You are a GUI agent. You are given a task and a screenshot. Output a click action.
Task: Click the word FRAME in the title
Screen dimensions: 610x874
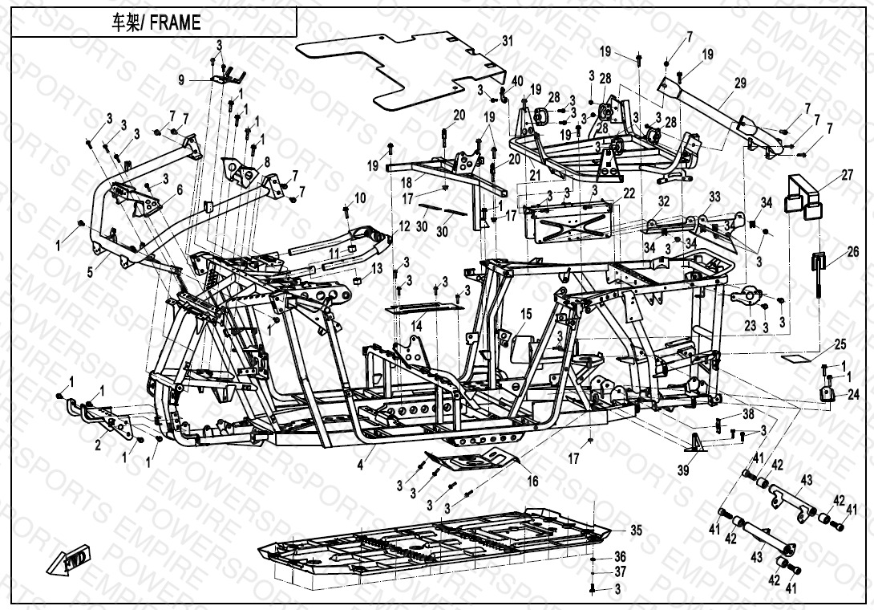174,23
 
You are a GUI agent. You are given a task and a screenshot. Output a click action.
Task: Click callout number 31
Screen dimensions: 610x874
507,40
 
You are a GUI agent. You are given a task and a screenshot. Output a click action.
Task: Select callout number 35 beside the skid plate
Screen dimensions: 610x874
636,530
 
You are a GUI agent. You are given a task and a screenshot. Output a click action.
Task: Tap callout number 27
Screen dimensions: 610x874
825,174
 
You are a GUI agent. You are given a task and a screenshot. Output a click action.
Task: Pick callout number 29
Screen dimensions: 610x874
739,83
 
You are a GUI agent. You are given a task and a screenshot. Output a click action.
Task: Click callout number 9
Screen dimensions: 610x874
181,79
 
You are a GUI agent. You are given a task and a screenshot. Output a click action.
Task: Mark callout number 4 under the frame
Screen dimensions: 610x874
360,464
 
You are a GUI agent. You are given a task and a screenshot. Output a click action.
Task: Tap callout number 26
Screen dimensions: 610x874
830,251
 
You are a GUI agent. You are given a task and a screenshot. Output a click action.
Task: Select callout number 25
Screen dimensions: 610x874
840,344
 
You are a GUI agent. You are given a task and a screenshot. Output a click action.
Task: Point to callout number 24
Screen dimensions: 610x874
852,394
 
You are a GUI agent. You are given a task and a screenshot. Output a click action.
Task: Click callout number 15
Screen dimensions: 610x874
526,313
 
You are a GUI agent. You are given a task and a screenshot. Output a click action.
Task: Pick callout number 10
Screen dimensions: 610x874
360,197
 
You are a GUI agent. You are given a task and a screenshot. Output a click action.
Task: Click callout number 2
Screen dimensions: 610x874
98,445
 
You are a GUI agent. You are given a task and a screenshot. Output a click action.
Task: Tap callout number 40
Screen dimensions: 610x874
517,80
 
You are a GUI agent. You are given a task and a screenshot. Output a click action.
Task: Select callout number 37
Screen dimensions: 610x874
619,572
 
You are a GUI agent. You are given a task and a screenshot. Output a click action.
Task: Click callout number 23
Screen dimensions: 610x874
750,325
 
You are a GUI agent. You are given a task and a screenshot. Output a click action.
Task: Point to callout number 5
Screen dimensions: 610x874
91,273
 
